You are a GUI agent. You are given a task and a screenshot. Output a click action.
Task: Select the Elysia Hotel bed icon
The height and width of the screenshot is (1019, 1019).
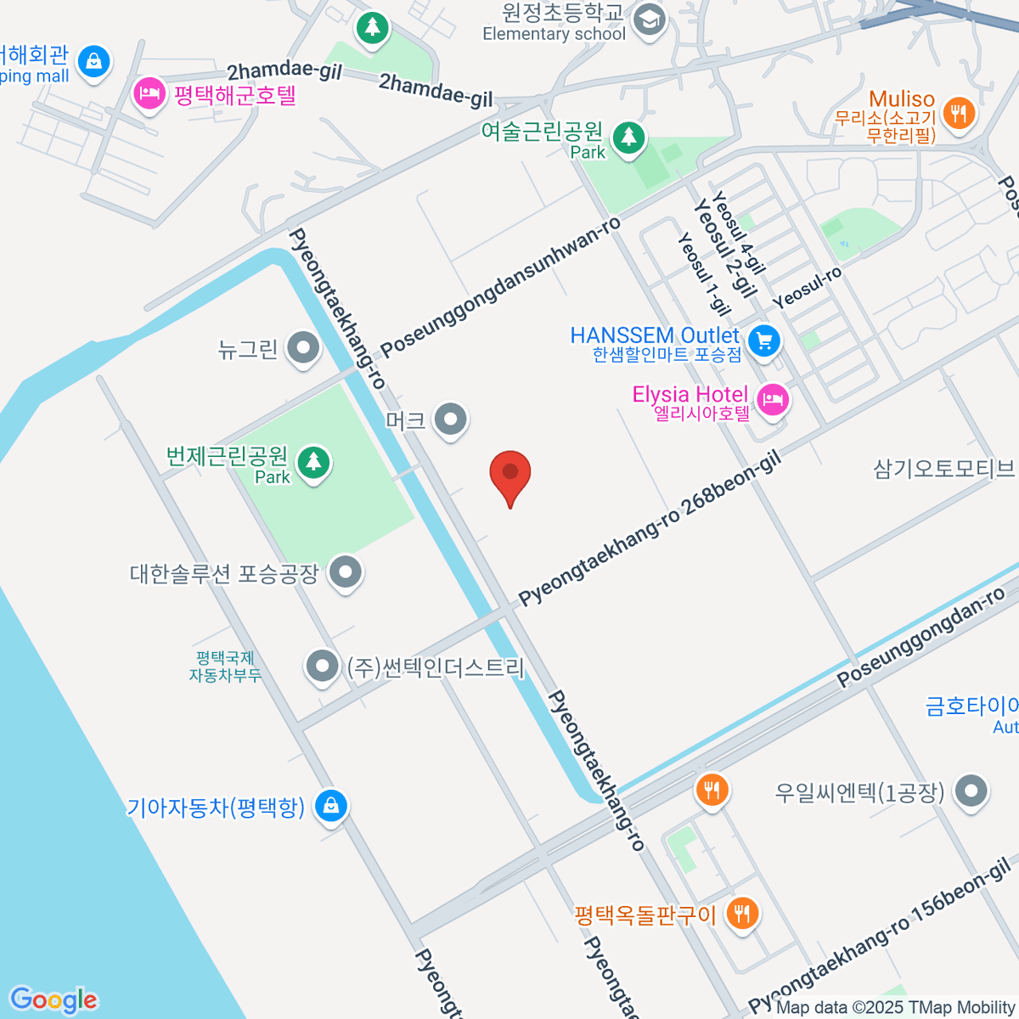[x=772, y=399]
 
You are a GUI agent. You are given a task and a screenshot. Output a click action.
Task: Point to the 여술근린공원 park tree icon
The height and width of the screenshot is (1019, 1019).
[x=628, y=136]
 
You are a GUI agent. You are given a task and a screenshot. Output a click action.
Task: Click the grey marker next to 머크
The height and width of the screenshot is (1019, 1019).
[x=450, y=419]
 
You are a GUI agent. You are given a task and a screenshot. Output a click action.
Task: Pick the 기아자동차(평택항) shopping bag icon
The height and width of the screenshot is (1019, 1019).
[x=330, y=805]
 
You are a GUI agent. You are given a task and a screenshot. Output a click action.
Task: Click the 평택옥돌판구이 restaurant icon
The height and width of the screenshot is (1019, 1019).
[x=743, y=914]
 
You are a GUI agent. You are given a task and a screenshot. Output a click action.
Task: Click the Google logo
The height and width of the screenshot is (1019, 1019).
[x=53, y=1000]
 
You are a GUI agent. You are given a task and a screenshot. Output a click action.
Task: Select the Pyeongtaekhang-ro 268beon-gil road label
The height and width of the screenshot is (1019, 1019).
[x=649, y=530]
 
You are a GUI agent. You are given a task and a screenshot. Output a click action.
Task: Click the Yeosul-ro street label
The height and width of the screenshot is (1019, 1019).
[x=807, y=287]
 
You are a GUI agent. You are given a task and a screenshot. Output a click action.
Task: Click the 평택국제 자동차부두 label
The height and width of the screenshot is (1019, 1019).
[x=224, y=667]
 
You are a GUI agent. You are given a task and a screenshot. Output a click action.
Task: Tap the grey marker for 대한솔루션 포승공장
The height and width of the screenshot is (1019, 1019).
[x=346, y=572]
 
